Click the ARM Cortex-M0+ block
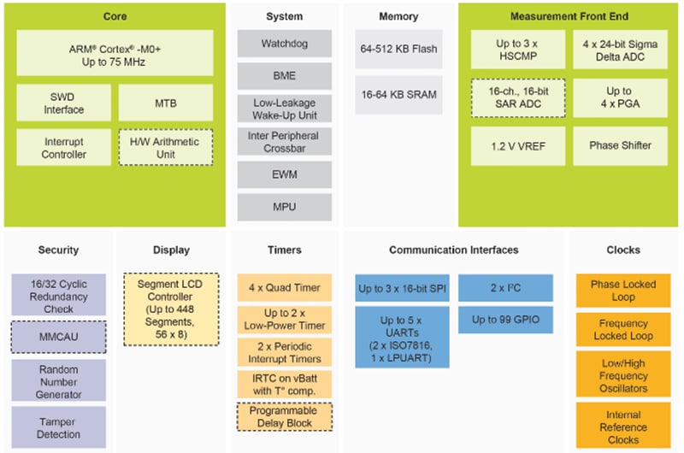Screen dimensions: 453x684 [x=114, y=52]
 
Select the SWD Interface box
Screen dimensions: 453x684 [x=63, y=103]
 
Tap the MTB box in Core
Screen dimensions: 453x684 [x=165, y=103]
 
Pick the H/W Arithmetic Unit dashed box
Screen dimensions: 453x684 [x=165, y=147]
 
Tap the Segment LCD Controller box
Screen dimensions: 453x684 [x=171, y=309]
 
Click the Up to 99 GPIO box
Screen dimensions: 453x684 [x=505, y=321]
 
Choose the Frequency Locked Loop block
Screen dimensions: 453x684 [x=623, y=330]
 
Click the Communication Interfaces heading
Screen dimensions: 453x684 [x=453, y=250]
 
